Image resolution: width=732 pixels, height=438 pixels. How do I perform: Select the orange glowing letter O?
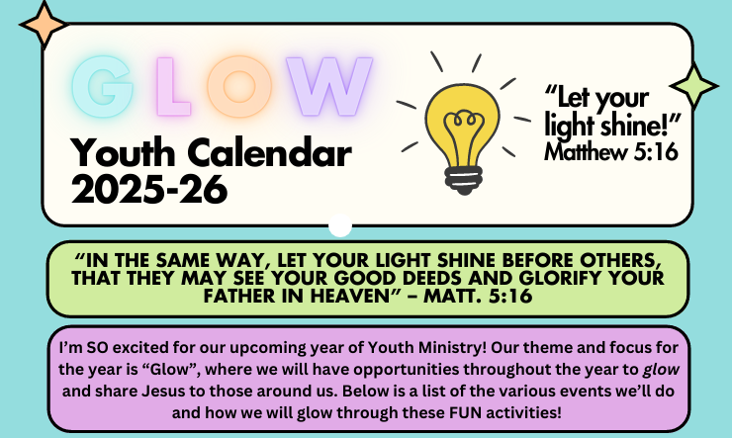[239, 86]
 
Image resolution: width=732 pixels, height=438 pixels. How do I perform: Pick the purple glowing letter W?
[329, 86]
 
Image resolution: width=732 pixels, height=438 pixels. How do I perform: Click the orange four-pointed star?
[44, 25]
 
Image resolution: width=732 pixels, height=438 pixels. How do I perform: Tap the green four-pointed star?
[693, 86]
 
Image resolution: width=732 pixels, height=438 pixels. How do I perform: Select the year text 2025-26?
[149, 189]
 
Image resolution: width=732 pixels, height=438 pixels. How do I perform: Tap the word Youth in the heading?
[123, 152]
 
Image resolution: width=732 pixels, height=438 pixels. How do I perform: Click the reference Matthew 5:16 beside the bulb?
[610, 151]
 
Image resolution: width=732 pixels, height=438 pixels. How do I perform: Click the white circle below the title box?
[340, 225]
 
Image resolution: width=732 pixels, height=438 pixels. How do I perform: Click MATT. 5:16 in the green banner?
[478, 296]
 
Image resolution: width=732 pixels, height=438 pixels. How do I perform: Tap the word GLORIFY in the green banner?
[570, 278]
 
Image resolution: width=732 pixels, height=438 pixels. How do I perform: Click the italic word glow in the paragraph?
[661, 370]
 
